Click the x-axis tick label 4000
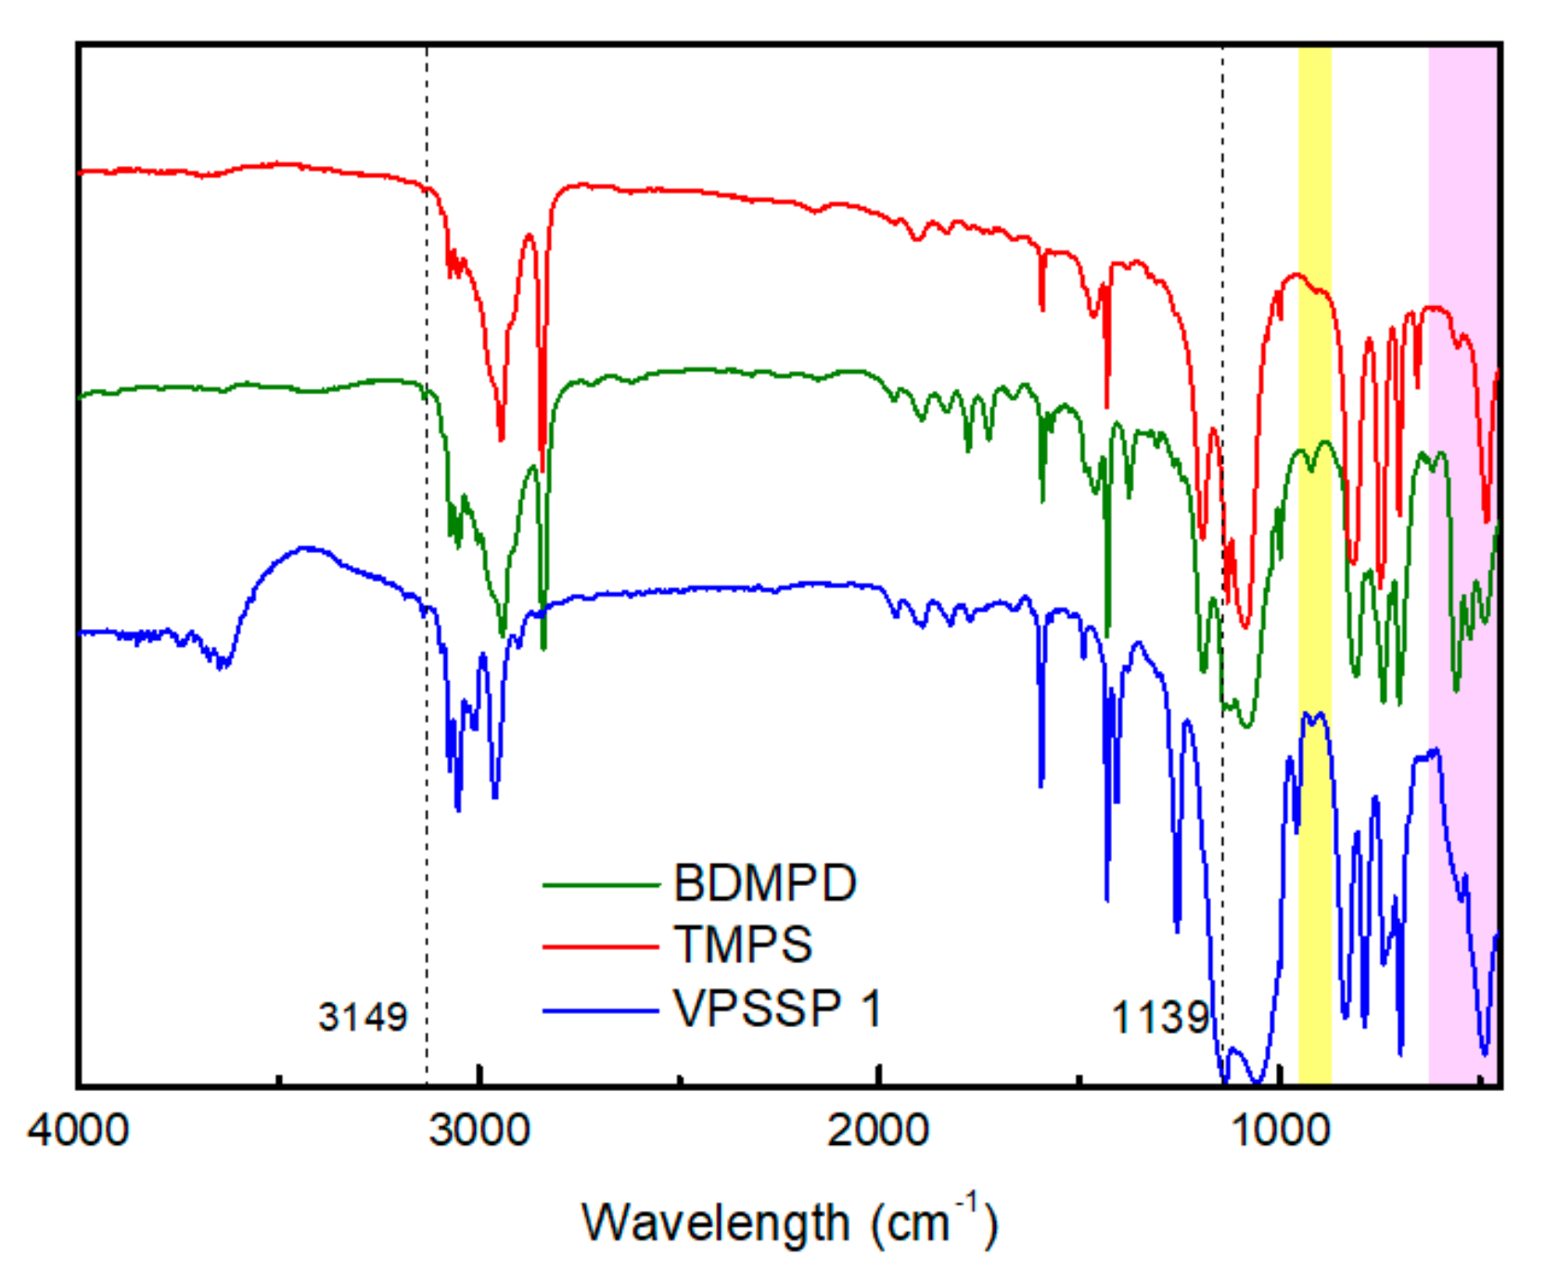78,1131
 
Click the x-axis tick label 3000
479,1131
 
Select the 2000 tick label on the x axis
878,1131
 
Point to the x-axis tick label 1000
1280,1131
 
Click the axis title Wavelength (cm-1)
788,1223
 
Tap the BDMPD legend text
764,883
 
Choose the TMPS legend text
742,944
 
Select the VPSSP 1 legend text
777,1008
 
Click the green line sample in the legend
600,886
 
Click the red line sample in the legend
600,947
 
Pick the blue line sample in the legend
600,1010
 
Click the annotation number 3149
363,1018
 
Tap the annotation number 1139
1159,1018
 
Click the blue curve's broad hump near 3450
306,549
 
